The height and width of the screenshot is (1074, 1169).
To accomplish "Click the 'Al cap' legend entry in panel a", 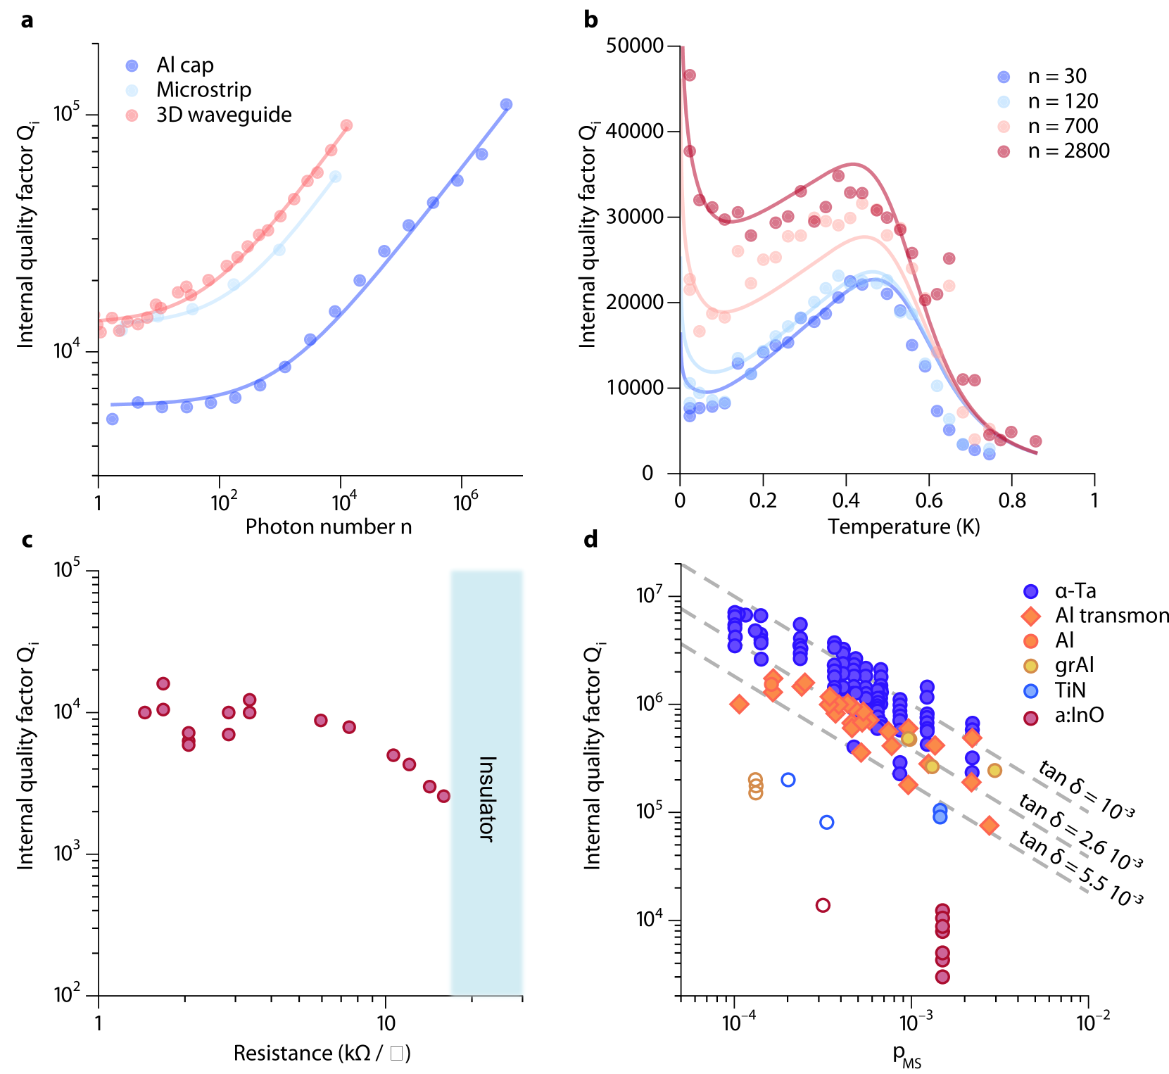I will click(x=184, y=65).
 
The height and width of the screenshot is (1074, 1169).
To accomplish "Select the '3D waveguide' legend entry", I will click(x=223, y=115).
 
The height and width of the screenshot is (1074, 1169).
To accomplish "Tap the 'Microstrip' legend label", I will click(x=203, y=90).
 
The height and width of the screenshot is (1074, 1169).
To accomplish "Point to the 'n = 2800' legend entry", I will click(x=1068, y=151).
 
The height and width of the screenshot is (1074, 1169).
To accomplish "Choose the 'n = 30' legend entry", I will click(x=1056, y=76).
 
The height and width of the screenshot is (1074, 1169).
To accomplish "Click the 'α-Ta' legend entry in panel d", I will click(x=1075, y=591).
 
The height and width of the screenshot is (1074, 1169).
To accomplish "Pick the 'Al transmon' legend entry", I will click(x=1111, y=616).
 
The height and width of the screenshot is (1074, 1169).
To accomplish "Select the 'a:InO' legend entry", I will click(x=1078, y=716).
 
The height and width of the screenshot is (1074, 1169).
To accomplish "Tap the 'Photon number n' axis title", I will click(x=328, y=526).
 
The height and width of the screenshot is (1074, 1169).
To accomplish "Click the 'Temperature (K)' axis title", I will click(x=904, y=526).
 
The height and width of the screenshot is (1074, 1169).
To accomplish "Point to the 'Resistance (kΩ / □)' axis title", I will click(x=322, y=1053).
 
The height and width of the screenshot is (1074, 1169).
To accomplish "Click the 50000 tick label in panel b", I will click(x=634, y=46).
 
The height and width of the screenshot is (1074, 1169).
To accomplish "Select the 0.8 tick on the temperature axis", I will click(x=1011, y=500).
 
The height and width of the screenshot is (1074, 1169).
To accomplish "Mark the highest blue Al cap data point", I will click(x=506, y=105).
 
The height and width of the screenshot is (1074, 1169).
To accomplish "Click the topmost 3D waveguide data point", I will click(x=346, y=125).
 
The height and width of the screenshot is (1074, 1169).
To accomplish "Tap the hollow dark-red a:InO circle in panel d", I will click(x=823, y=905).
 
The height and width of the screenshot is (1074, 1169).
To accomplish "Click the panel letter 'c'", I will click(x=27, y=540).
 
